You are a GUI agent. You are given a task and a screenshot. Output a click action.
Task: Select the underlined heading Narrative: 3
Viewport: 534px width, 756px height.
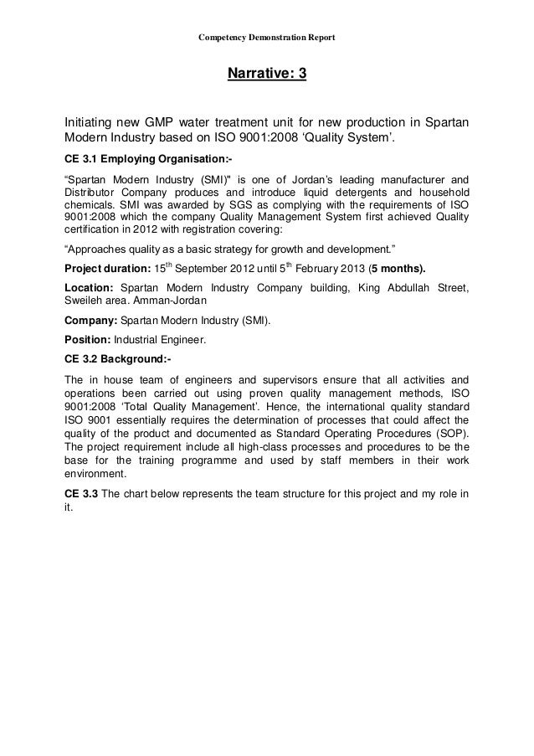tap(267, 76)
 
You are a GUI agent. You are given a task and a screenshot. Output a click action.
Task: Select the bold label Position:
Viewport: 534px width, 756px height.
tap(90, 340)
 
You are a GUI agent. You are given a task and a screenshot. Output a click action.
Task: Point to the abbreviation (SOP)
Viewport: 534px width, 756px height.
tap(447, 433)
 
